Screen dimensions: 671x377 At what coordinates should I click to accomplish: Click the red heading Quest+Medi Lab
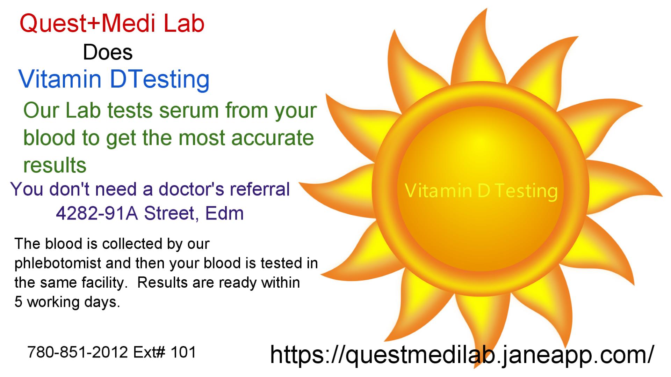pos(112,24)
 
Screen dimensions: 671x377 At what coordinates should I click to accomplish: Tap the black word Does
pos(108,53)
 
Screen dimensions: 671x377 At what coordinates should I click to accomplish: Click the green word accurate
pos(273,138)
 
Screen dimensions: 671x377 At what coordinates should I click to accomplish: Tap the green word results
pos(55,165)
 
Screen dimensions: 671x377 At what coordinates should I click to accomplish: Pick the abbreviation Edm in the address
pos(224,213)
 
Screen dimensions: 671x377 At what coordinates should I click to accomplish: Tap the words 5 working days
pos(67,302)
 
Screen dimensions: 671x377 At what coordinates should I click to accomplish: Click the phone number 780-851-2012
pos(78,353)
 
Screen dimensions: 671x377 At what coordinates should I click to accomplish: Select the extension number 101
pos(183,353)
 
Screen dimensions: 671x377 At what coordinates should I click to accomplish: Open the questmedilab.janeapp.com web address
pos(462,355)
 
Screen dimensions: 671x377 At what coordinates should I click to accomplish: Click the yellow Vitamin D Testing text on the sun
pos(481,191)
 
